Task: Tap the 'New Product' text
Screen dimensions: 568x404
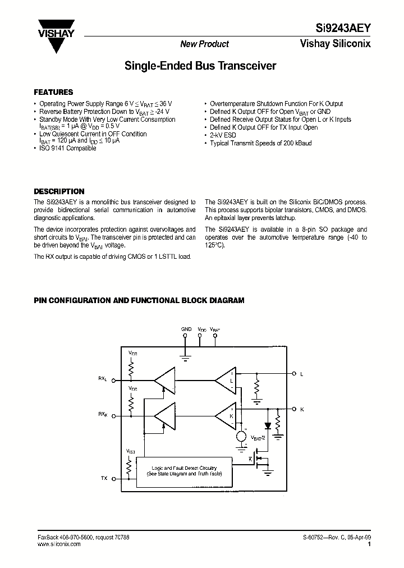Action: click(204, 44)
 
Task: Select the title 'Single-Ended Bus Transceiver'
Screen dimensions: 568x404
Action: click(200, 66)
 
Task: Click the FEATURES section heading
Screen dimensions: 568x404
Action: click(53, 92)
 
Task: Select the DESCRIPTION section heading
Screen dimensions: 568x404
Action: click(59, 191)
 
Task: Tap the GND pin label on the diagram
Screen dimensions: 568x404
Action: click(186, 329)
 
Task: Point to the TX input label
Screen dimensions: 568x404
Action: click(104, 478)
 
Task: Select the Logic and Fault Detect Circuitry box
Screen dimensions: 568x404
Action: click(184, 471)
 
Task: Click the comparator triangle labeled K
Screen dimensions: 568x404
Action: click(227, 416)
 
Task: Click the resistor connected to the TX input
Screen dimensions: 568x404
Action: click(131, 466)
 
